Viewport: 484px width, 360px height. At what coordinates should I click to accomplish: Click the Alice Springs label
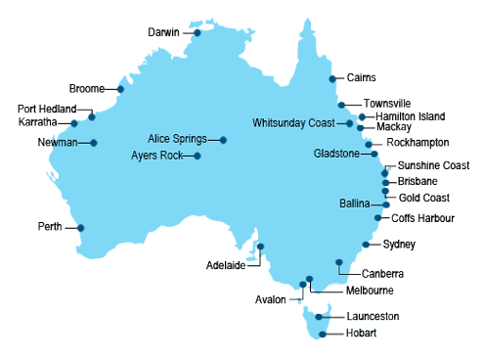[177, 139]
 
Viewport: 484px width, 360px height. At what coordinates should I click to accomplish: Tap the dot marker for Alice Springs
[224, 140]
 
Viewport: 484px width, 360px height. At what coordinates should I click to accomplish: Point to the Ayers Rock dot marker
[198, 156]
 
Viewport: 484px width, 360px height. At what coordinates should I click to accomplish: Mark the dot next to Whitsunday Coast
[349, 123]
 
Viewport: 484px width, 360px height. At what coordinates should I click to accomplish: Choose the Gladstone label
[336, 154]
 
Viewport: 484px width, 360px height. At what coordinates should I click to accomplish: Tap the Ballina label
[354, 203]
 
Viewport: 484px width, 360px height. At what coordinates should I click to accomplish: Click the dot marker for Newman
[94, 143]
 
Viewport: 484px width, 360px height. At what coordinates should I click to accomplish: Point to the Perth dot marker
[80, 228]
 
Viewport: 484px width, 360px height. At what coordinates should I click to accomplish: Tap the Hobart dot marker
[323, 335]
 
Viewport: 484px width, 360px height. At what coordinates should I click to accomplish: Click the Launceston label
[372, 317]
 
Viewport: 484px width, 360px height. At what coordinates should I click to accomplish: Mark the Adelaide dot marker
[260, 247]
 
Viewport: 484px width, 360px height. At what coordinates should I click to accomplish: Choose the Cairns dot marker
[333, 78]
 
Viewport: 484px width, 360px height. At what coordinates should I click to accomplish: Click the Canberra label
[381, 274]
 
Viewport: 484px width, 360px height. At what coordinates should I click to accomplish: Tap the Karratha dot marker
[74, 123]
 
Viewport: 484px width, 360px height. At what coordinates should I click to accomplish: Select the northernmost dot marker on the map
[198, 32]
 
